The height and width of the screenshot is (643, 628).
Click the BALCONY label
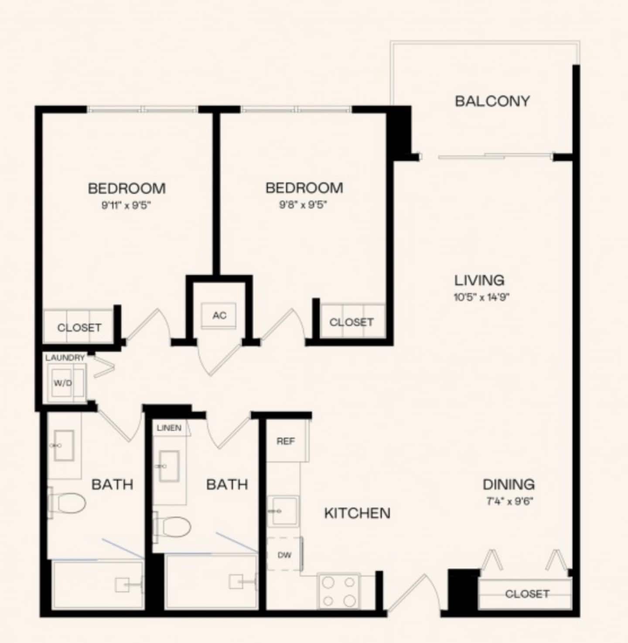(x=492, y=101)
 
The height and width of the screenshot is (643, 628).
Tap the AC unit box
(x=218, y=315)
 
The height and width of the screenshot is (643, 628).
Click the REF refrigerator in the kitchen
(x=287, y=441)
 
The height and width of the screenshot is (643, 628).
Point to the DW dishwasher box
(x=284, y=555)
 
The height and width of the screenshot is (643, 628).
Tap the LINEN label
(x=169, y=428)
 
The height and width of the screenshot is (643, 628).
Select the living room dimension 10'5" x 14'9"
(x=481, y=298)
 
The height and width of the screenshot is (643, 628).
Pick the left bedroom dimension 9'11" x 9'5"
(x=126, y=205)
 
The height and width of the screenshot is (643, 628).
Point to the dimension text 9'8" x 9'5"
(x=303, y=205)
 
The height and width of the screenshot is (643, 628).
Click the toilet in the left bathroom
(x=67, y=503)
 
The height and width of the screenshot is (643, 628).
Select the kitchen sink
(x=283, y=511)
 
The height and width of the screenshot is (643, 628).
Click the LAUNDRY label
(x=65, y=358)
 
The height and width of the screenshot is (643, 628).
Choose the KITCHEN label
(x=357, y=513)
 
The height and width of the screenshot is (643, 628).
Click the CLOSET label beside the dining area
(x=527, y=594)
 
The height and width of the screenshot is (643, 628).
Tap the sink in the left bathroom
(x=64, y=445)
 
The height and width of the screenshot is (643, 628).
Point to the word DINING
(x=509, y=485)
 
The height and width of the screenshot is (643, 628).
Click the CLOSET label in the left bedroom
(x=79, y=328)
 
